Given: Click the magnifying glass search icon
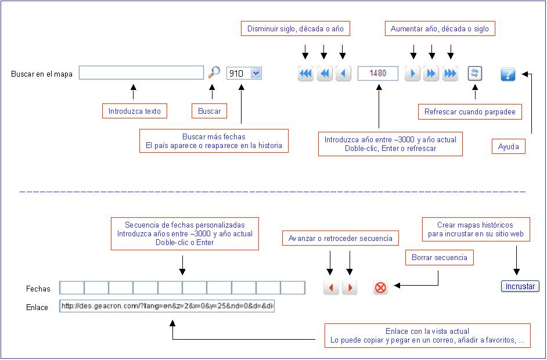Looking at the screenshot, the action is tap(214, 72).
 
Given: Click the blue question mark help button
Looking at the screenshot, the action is tap(508, 74).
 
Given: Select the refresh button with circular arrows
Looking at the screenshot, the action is tap(474, 73).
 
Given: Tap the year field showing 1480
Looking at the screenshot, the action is tap(378, 73).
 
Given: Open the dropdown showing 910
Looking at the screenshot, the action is tap(244, 73).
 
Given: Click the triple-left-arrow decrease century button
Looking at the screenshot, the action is tap(305, 73).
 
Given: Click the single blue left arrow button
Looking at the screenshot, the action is tap(343, 73).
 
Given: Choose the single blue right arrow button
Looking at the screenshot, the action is tap(412, 73).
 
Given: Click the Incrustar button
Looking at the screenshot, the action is tap(520, 286).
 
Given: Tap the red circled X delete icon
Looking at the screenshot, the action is tap(380, 288).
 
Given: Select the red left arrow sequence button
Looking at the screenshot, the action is tap(331, 287).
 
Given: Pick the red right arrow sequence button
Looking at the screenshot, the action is tap(350, 287).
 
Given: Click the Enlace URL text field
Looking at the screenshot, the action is tap(167, 306).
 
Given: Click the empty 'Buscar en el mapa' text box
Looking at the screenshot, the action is tap(141, 73).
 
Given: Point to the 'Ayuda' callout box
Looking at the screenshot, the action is tap(508, 146).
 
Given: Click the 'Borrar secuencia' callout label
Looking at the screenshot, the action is tap(439, 257).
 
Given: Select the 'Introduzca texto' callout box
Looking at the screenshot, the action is tap(134, 111).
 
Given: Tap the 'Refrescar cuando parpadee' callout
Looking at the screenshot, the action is tap(470, 111).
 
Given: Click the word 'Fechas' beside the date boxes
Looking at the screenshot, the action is tap(38, 289).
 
